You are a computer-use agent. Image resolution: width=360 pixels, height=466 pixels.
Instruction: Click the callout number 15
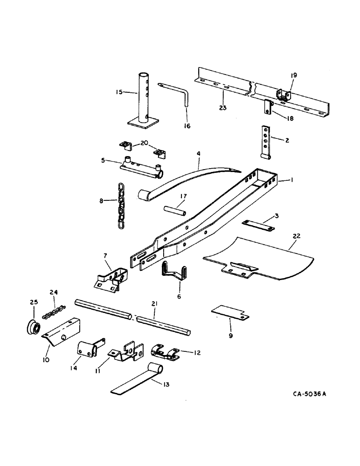tap(119, 92)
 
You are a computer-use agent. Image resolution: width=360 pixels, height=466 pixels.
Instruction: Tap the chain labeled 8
tap(121, 206)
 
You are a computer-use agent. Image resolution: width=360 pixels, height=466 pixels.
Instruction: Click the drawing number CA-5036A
tap(310, 394)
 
